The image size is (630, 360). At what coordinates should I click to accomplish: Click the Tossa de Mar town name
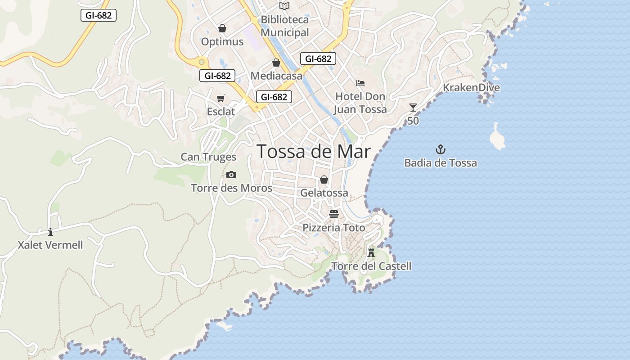point(314,152)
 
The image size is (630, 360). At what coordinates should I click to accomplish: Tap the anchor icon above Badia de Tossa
point(441,149)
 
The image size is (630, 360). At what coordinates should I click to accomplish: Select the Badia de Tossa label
point(441,163)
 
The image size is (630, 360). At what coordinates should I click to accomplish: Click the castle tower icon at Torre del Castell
point(371,252)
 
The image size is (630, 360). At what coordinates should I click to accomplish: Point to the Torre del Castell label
point(371,266)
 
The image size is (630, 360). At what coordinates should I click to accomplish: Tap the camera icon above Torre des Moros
point(231,175)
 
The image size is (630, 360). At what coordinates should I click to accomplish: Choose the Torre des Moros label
point(231,188)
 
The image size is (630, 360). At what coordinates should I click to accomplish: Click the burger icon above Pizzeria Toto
point(333,214)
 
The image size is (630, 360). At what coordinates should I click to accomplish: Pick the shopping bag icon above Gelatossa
point(324,180)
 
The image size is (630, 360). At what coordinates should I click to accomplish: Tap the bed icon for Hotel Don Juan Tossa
point(360,83)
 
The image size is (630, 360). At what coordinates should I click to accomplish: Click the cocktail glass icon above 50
point(413,108)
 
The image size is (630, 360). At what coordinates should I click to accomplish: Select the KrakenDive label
point(471,87)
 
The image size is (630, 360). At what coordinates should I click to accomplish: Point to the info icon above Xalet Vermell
point(50,232)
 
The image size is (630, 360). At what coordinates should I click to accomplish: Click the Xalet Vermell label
point(50,245)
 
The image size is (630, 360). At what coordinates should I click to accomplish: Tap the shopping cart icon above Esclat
point(221,98)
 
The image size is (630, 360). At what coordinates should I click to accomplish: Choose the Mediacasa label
point(276,76)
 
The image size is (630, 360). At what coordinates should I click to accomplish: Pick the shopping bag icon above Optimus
point(222,28)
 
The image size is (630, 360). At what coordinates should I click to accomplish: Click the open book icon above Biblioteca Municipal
point(284,6)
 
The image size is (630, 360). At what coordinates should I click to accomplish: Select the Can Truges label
point(208,157)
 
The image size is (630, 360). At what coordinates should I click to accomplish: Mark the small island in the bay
point(497,137)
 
